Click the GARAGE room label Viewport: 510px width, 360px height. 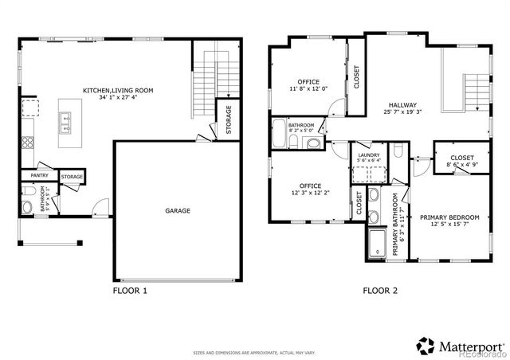coord(178,211)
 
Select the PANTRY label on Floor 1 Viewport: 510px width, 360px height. coord(39,176)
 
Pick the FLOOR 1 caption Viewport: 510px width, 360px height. coord(130,292)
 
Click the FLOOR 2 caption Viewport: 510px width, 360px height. coord(380,292)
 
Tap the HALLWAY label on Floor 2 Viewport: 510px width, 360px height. coord(402,105)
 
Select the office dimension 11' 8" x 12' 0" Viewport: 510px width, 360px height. coord(308,89)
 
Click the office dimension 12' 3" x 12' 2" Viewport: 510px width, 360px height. coord(309,193)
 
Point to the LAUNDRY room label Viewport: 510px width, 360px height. coord(368,155)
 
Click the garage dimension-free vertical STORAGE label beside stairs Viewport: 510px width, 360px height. coord(229,119)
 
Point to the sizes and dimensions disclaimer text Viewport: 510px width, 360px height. coord(254,351)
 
